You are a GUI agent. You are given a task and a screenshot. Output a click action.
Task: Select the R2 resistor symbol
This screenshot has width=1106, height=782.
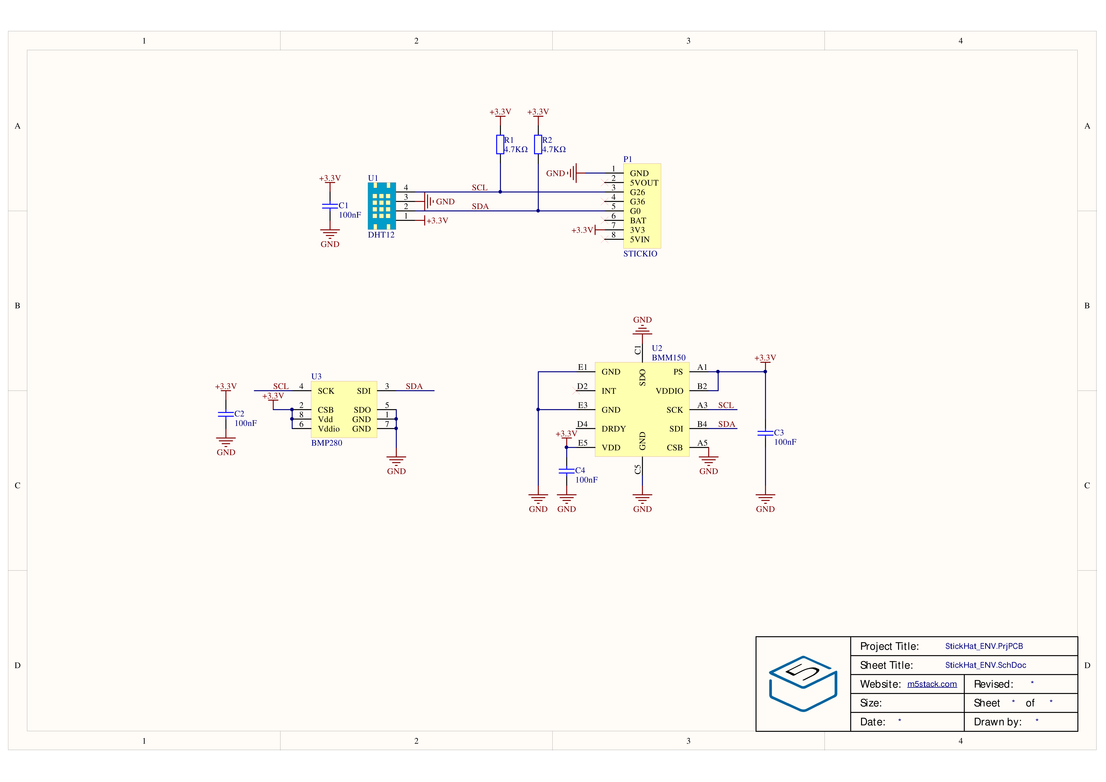pyautogui.click(x=538, y=145)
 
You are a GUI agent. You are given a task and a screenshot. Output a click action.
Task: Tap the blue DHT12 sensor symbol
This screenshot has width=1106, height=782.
pyautogui.click(x=381, y=206)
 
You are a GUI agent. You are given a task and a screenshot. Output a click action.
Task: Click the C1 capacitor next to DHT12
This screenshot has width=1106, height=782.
pyautogui.click(x=330, y=206)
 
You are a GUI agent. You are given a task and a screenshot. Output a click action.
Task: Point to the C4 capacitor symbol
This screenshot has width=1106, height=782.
pyautogui.click(x=566, y=471)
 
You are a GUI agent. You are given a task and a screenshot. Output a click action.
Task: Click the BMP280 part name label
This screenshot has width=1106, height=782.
pyautogui.click(x=327, y=443)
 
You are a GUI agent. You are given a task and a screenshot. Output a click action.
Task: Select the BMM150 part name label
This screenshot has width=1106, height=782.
pyautogui.click(x=669, y=358)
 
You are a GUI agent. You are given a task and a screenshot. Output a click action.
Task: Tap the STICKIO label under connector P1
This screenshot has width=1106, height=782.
pyautogui.click(x=640, y=253)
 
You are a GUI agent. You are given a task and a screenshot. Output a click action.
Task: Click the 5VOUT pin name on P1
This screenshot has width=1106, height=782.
pyautogui.click(x=644, y=183)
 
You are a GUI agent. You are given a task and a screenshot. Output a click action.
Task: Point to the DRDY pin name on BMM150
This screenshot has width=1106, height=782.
pyautogui.click(x=614, y=429)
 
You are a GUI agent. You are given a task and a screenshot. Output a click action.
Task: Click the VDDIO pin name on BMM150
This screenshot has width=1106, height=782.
pyautogui.click(x=670, y=391)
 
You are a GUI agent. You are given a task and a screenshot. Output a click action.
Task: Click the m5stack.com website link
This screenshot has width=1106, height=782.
pyautogui.click(x=932, y=684)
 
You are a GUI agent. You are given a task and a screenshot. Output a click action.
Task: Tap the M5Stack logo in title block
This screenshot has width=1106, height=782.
pyautogui.click(x=803, y=684)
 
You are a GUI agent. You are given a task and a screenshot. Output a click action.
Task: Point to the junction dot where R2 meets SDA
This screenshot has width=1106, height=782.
pyautogui.click(x=538, y=211)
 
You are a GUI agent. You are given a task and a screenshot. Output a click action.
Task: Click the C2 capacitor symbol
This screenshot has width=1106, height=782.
pyautogui.click(x=226, y=414)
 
